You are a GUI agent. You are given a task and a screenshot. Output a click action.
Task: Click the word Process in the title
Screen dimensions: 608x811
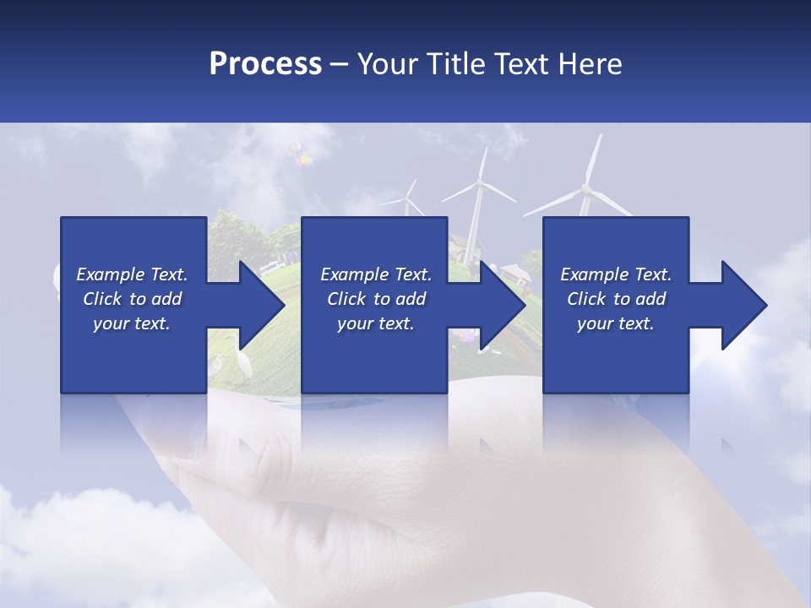(265, 63)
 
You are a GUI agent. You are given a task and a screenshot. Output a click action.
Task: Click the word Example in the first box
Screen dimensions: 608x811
(110, 274)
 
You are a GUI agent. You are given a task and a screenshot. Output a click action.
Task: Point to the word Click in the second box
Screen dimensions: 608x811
(346, 299)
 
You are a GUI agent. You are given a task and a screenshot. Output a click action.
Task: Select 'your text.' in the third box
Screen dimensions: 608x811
(615, 323)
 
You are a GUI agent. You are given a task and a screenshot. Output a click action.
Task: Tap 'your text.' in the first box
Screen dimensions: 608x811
(131, 323)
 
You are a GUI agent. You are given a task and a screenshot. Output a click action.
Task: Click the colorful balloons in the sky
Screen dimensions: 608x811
(298, 153)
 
